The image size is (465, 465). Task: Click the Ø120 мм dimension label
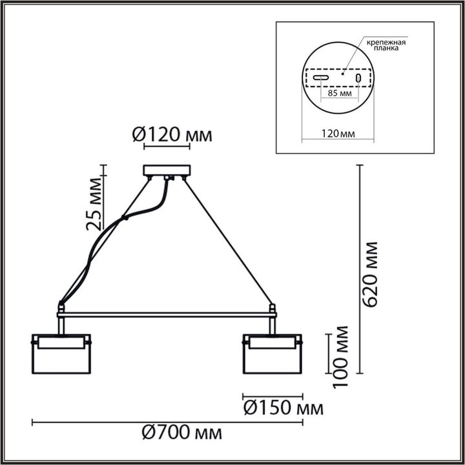(172, 135)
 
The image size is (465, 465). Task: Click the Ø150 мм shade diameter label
(282, 408)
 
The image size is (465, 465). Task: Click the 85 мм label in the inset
(339, 94)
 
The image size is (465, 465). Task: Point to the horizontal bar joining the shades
(167, 315)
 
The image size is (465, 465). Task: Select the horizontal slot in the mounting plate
(320, 78)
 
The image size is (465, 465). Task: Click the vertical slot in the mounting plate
(358, 78)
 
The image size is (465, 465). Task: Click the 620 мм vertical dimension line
(360, 271)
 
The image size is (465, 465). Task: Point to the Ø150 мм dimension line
(272, 395)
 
